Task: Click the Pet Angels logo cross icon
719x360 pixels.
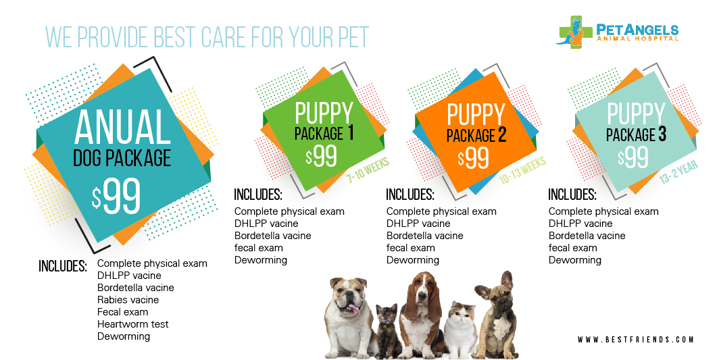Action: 572,32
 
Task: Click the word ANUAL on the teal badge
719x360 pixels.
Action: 122,128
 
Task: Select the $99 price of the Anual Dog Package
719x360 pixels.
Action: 117,195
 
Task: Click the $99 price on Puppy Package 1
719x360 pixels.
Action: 321,156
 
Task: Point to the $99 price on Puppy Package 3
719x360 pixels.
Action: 633,157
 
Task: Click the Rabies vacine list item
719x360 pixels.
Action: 128,300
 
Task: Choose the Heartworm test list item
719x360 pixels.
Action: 133,324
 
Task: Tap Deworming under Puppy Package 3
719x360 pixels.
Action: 574,260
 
